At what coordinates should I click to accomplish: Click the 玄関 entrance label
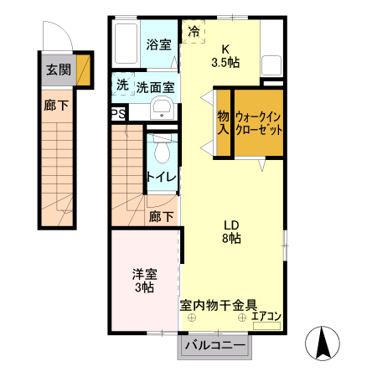tap(59, 70)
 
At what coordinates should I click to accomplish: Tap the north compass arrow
tap(323, 343)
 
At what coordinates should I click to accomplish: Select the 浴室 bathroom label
tap(159, 44)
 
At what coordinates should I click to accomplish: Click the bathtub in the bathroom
tap(126, 44)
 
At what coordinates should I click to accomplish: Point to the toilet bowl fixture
tap(163, 149)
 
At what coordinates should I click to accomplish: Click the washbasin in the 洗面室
tap(162, 108)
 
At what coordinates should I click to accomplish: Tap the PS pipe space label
tap(118, 114)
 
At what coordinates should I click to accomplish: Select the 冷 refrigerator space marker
tap(194, 31)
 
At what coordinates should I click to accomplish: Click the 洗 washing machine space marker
tap(122, 85)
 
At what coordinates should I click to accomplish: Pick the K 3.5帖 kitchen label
tap(225, 56)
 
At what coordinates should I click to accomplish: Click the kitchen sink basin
tap(271, 65)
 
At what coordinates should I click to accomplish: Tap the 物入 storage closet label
tap(224, 122)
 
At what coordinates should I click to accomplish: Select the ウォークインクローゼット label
tap(259, 123)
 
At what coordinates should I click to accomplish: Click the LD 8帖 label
tap(231, 232)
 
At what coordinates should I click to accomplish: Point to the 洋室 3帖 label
tap(145, 281)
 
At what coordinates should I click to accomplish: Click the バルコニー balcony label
tap(215, 345)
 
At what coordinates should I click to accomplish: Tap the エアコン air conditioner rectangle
tap(266, 326)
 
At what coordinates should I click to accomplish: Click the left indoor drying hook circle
tap(192, 318)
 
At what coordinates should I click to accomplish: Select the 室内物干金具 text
tap(219, 305)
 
